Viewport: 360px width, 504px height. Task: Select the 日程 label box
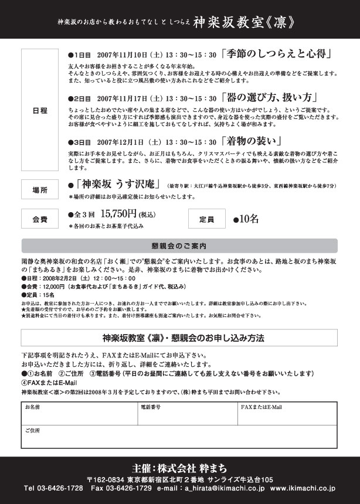tap(40, 110)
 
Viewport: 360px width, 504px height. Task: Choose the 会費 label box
tap(40, 219)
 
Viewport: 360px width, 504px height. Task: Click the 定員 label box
tap(206, 219)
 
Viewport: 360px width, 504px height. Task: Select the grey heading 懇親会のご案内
tap(179, 246)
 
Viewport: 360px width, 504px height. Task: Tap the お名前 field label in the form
tap(33, 406)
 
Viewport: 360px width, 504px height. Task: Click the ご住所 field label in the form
tap(33, 431)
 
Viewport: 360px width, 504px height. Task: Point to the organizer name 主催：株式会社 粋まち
tap(179, 469)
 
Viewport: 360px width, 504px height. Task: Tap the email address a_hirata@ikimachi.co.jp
tap(224, 488)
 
